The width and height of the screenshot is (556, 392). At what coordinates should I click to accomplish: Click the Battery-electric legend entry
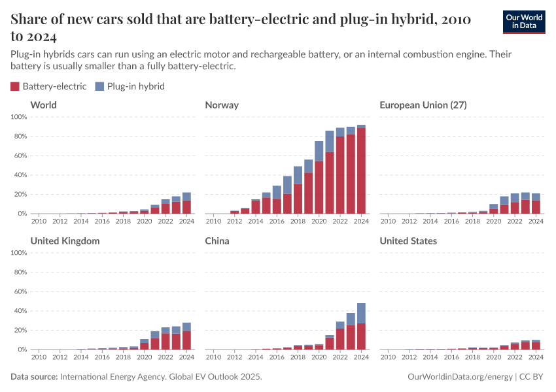(x=49, y=86)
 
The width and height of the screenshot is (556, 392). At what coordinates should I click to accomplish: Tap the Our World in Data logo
(x=523, y=22)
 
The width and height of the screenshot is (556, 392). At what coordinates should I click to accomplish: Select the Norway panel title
(x=222, y=105)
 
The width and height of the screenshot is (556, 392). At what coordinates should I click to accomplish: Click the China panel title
(x=218, y=241)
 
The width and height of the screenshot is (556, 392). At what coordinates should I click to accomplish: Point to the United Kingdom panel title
(x=65, y=241)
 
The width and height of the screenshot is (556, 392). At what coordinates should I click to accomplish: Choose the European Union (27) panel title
(x=423, y=105)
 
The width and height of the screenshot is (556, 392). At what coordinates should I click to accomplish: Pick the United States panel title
(x=408, y=241)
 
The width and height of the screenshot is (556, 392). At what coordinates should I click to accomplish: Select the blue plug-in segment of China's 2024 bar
(x=361, y=313)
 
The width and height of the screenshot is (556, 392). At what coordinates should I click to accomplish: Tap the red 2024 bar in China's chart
(x=361, y=336)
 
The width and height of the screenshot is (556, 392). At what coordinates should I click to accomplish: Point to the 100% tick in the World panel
(x=19, y=117)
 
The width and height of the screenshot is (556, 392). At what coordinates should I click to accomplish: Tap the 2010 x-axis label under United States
(x=388, y=357)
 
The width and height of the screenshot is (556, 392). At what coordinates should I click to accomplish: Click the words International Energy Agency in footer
(x=115, y=377)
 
